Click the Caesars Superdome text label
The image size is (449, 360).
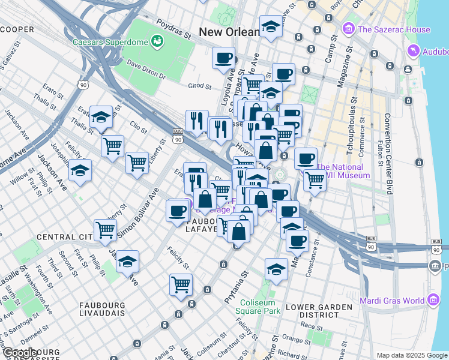coord(110,43)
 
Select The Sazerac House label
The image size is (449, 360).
coord(394,29)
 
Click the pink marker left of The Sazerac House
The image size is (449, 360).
coord(348,29)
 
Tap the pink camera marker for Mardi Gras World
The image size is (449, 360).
coord(432,300)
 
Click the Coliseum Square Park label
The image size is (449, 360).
coord(260,307)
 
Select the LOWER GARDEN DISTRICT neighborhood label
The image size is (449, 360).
coord(319,311)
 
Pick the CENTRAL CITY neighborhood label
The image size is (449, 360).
coord(63,238)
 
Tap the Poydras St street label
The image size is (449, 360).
coord(173,29)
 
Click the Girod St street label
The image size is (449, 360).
coord(200,86)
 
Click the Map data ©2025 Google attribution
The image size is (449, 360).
coord(412,355)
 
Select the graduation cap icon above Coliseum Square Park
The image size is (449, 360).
coord(276,269)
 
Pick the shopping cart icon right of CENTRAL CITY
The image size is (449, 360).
coord(106,229)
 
